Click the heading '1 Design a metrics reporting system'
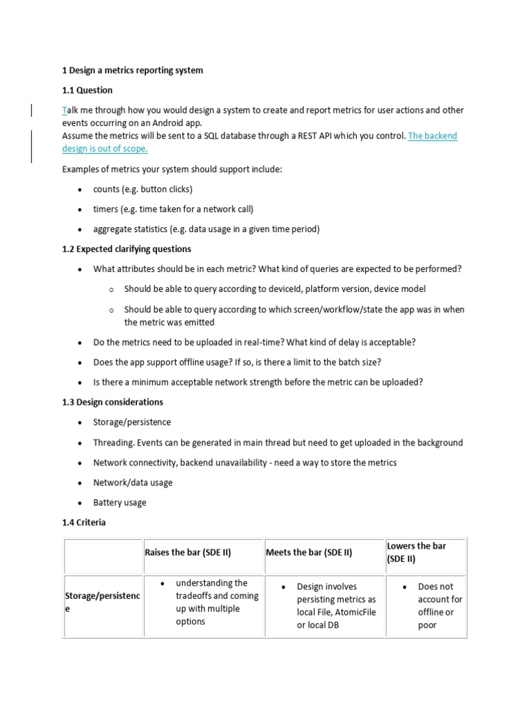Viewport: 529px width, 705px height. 132,70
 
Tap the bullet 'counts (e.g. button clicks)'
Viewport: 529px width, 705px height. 143,189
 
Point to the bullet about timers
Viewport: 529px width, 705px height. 178,209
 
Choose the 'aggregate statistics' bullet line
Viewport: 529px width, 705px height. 207,229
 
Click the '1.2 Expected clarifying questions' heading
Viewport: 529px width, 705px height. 127,249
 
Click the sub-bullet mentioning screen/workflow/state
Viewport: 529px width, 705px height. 294,315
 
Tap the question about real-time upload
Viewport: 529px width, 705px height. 254,342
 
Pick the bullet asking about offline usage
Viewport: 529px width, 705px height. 247,362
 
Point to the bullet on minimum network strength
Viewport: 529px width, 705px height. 258,382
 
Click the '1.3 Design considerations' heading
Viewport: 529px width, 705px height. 113,402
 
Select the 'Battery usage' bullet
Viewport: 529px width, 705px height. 120,503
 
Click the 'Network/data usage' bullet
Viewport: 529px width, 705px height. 133,483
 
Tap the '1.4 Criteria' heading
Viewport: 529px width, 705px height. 84,523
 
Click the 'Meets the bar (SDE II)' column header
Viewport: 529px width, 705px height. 309,552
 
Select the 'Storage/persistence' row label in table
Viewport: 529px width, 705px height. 102,602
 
